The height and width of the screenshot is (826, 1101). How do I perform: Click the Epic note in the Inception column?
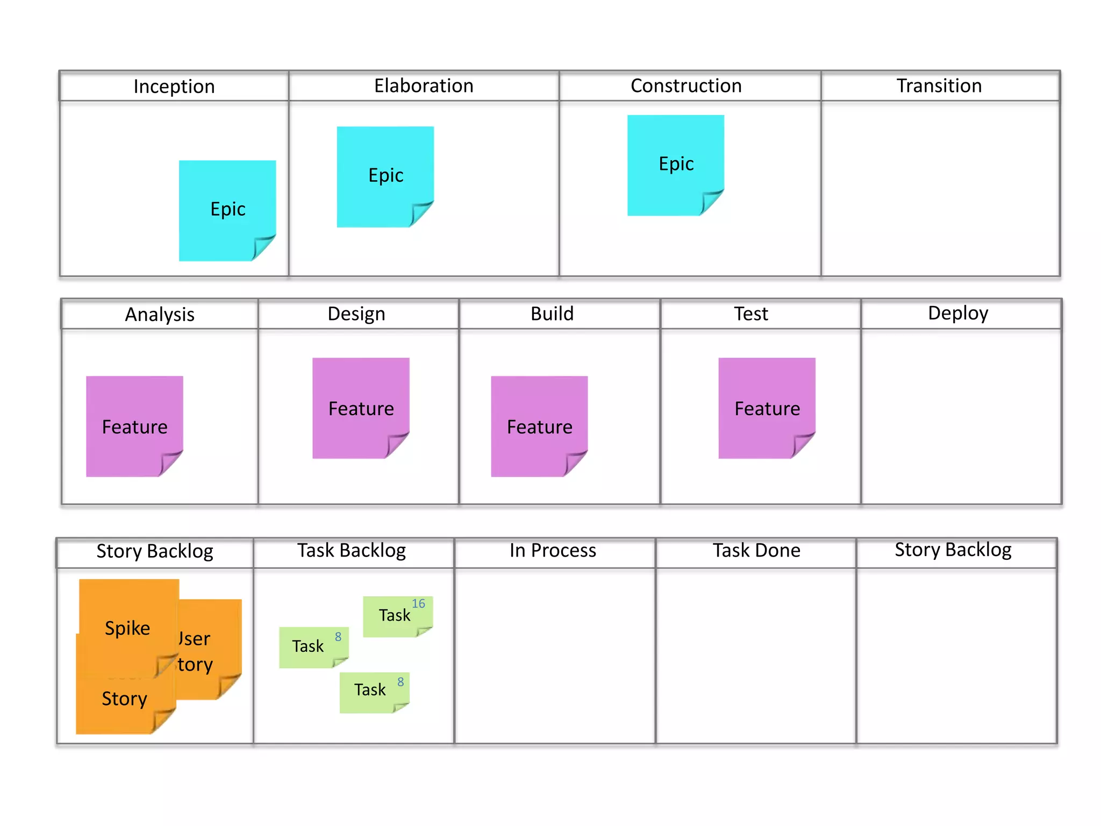[227, 210]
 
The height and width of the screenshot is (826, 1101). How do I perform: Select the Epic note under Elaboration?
[385, 176]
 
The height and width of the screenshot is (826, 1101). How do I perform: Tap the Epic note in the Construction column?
[675, 164]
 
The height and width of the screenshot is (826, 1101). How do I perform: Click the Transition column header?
[939, 86]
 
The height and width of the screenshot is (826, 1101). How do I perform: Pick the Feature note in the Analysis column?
[134, 426]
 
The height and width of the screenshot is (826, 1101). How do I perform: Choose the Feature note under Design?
[361, 408]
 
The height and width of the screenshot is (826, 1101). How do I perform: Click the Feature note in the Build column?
[539, 426]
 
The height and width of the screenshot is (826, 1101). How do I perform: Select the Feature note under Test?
[767, 408]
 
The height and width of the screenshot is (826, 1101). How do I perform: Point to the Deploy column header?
[957, 314]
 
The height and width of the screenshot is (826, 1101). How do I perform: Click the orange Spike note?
[128, 628]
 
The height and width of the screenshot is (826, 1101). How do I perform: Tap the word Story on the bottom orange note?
[124, 699]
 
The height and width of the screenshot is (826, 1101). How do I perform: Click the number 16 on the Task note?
[418, 603]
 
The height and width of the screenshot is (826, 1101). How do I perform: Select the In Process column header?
[553, 551]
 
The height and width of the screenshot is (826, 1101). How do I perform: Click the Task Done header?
[756, 551]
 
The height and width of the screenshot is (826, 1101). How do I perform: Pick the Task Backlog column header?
[352, 551]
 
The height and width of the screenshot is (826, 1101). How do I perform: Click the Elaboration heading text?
[424, 86]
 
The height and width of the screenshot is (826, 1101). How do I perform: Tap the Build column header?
[552, 314]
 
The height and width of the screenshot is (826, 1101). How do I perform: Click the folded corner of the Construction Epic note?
[711, 202]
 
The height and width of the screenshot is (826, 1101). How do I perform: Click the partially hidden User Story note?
[210, 651]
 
